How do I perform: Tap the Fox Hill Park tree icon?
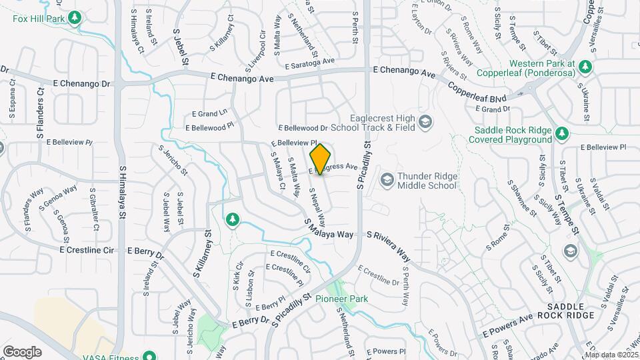(76, 17)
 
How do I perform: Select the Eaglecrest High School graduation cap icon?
(425, 123)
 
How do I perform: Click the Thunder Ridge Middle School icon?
(387, 180)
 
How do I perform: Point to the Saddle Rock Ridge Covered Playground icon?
(562, 133)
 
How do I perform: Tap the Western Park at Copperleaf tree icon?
(585, 66)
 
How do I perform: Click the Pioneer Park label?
(341, 299)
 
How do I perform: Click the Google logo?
(22, 351)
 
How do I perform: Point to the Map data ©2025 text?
(612, 355)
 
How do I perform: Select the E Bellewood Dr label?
(303, 127)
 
